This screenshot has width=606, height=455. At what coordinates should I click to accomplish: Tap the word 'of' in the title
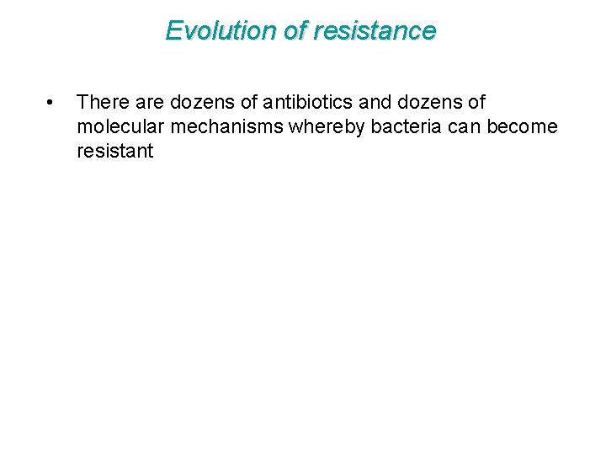295,31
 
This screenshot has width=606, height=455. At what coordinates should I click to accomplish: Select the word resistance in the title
375,31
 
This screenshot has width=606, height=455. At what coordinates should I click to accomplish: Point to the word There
101,103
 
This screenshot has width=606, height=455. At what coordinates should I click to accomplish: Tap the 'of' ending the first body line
476,103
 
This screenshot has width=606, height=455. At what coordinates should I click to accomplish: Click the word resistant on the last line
115,152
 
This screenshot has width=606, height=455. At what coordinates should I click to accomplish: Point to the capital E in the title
173,31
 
